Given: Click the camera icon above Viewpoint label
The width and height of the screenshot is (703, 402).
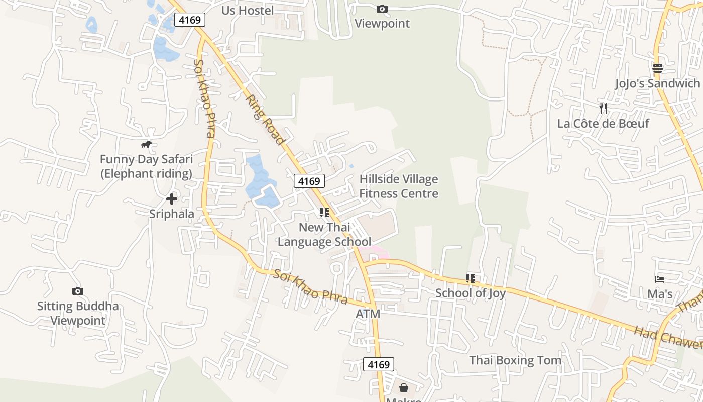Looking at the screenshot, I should pos(382,9).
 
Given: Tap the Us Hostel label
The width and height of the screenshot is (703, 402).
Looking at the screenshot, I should pos(248,10).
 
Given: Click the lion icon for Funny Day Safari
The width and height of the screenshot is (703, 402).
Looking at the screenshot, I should pos(146,145).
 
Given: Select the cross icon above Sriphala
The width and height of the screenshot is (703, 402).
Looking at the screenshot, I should pos(172,199).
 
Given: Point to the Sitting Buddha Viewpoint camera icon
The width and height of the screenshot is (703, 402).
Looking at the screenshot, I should pos(78,291).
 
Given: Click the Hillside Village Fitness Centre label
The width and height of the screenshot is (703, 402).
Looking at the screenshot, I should pos(399,186).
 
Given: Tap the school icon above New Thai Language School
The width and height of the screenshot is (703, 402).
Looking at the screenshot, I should pos(324,213).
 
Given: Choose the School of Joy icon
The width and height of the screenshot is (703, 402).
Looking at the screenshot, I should pos(471,278).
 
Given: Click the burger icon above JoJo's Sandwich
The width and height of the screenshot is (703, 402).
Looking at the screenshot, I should pos(658,68).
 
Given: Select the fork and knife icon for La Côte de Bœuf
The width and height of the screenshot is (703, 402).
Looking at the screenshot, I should pos(603,108).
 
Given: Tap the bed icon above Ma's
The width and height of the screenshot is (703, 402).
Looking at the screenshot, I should pos(660,279).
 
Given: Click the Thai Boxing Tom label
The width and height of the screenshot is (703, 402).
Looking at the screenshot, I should pos(515,360).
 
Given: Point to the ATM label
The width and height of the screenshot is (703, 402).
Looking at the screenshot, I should pos(368,314).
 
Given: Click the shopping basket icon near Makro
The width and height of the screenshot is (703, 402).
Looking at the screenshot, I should pos(404,388).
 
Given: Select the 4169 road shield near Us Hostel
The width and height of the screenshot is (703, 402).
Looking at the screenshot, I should pos(190,20).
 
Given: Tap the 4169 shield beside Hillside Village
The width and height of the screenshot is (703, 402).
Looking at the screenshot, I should pos(309,181).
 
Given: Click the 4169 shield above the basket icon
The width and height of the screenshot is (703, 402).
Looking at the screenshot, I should pos(379,364).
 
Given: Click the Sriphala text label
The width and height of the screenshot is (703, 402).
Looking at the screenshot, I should pos(172,214).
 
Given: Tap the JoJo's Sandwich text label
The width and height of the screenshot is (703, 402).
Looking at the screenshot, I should pos(658,83).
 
